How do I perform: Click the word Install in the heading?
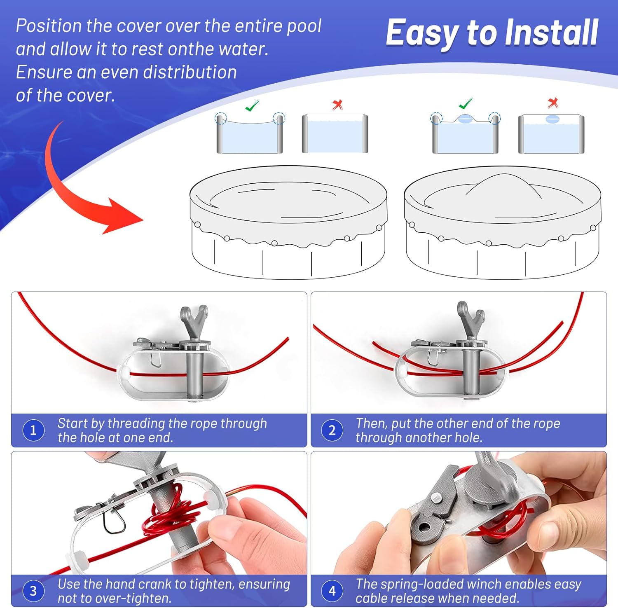click(551, 33)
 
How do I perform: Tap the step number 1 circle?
click(33, 430)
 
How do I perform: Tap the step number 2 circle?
click(332, 430)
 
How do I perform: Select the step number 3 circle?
click(33, 591)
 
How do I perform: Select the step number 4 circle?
click(332, 591)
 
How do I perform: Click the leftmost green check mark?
click(252, 105)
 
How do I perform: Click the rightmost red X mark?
click(553, 103)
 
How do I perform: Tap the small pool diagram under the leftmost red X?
click(335, 134)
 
